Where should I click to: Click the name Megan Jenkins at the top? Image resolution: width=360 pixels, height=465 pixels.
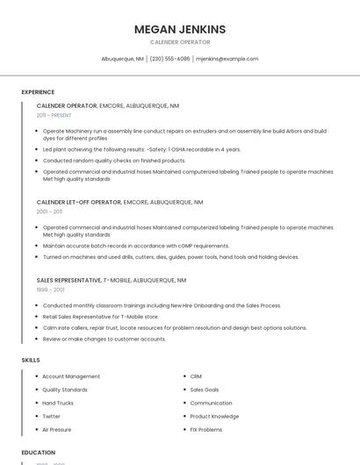179,29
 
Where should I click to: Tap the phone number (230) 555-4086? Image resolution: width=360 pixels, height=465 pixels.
169,59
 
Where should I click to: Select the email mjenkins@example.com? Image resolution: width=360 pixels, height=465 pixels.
227,59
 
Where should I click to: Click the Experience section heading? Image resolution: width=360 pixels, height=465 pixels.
38,92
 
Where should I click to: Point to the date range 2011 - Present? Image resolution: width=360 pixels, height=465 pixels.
54,115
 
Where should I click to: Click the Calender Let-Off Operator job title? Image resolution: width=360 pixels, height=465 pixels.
78,202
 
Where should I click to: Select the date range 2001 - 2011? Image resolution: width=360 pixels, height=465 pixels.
49,211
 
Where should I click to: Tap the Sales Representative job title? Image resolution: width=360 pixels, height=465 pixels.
68,280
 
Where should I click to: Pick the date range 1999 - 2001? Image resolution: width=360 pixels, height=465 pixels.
50,290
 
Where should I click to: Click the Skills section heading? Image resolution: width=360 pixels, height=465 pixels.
31,360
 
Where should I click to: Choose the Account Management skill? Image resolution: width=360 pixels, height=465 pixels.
71,376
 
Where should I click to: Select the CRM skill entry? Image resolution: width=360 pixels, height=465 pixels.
196,376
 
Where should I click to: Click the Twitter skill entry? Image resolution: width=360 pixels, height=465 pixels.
52,417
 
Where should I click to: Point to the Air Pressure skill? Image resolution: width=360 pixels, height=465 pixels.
57,430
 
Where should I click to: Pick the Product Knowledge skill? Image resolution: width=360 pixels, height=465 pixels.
214,417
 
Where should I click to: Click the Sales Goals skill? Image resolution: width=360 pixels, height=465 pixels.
205,390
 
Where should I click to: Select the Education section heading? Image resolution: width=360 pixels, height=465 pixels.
38,453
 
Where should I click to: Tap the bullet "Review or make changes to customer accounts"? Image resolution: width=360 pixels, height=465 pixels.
104,339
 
